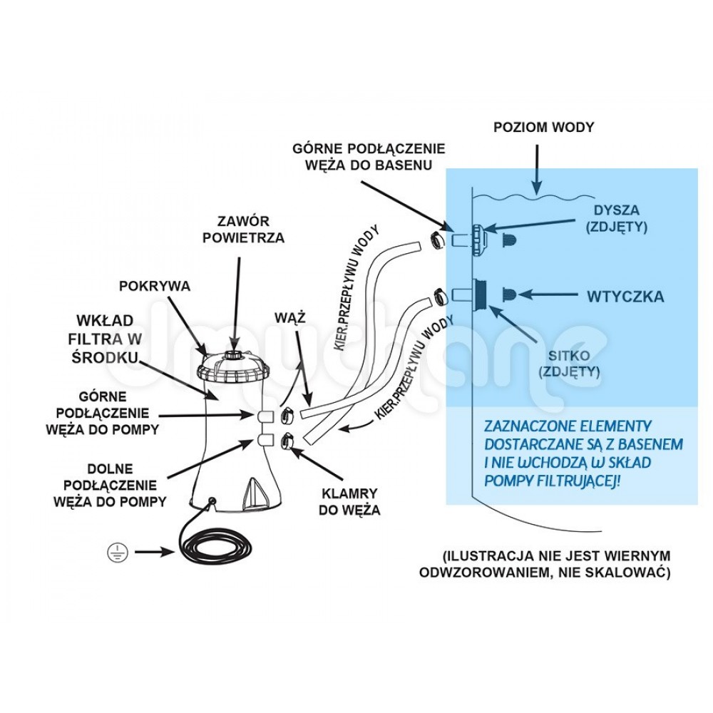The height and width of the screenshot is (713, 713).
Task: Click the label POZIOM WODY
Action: (544, 128)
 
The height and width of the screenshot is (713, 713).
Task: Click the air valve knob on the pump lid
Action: (234, 355)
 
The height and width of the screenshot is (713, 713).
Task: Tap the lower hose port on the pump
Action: (265, 440)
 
